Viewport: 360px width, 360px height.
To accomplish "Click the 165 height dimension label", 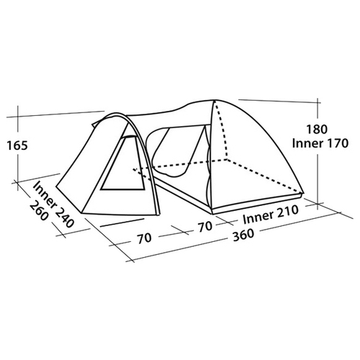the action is pyautogui.click(x=17, y=145).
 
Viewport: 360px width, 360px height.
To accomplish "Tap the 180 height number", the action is pyautogui.click(x=317, y=130).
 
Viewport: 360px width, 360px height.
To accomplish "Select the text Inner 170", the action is pyautogui.click(x=320, y=143).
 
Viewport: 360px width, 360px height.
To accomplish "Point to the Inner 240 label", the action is pyautogui.click(x=53, y=204).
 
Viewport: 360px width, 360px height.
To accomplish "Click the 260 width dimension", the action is pyautogui.click(x=39, y=212).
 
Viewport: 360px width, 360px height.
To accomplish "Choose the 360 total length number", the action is pyautogui.click(x=243, y=234).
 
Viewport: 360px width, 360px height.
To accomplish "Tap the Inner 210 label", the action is pyautogui.click(x=271, y=215).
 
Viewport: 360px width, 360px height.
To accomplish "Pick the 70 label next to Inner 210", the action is pyautogui.click(x=205, y=227).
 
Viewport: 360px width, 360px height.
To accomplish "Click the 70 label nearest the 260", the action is pyautogui.click(x=145, y=238).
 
